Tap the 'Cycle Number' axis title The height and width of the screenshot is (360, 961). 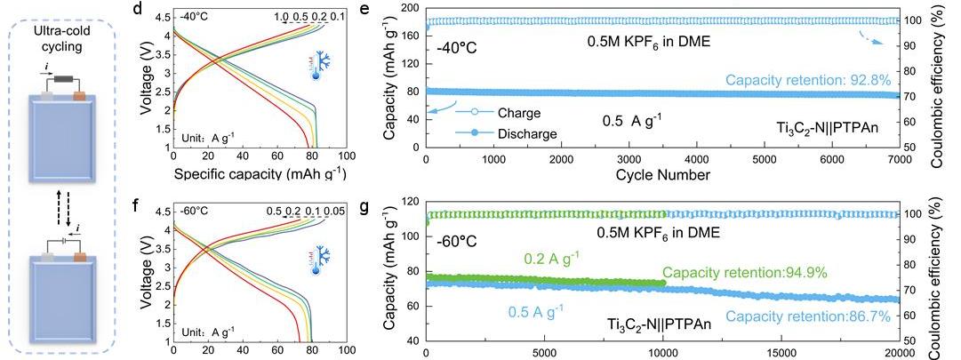click(661, 175)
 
